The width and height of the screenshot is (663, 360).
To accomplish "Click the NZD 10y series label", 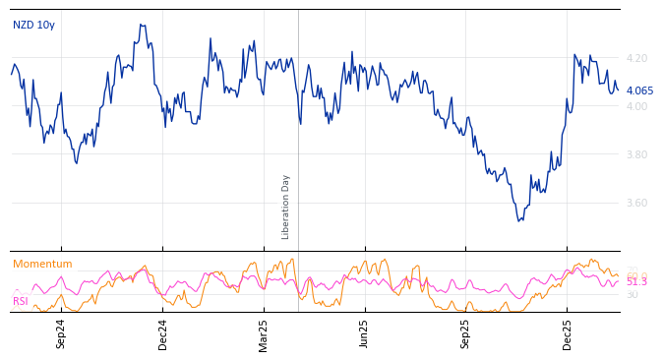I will [x=33, y=25].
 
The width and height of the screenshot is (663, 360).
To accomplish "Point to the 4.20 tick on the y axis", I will [x=636, y=59].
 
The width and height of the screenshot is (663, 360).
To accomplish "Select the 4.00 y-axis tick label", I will [x=636, y=106].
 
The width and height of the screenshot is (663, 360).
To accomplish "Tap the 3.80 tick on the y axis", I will [x=636, y=154].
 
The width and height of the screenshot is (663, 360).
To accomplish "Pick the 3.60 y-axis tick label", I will [x=636, y=203].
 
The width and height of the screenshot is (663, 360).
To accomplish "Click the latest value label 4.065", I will [x=639, y=90].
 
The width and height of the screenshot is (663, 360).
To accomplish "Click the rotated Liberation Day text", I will [x=286, y=207].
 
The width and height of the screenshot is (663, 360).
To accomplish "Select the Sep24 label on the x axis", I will [x=61, y=333].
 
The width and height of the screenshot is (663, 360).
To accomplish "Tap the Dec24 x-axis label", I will [x=163, y=333].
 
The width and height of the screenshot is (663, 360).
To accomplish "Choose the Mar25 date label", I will [x=264, y=333].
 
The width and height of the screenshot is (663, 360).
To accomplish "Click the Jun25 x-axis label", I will [x=365, y=333].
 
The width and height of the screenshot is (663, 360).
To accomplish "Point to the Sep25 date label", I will [x=466, y=333].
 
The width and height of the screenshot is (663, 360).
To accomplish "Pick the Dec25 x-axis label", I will [x=568, y=333].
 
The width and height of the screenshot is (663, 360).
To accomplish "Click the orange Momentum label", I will [x=42, y=264].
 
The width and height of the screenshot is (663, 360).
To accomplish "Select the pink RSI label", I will [x=21, y=301].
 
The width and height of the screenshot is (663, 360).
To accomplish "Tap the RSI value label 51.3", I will [x=636, y=281].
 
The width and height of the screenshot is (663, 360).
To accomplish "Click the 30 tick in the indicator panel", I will [x=633, y=294].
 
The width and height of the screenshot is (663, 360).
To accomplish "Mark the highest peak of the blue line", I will [x=142, y=25].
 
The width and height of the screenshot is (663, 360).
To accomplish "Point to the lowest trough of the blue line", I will [x=519, y=220].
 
